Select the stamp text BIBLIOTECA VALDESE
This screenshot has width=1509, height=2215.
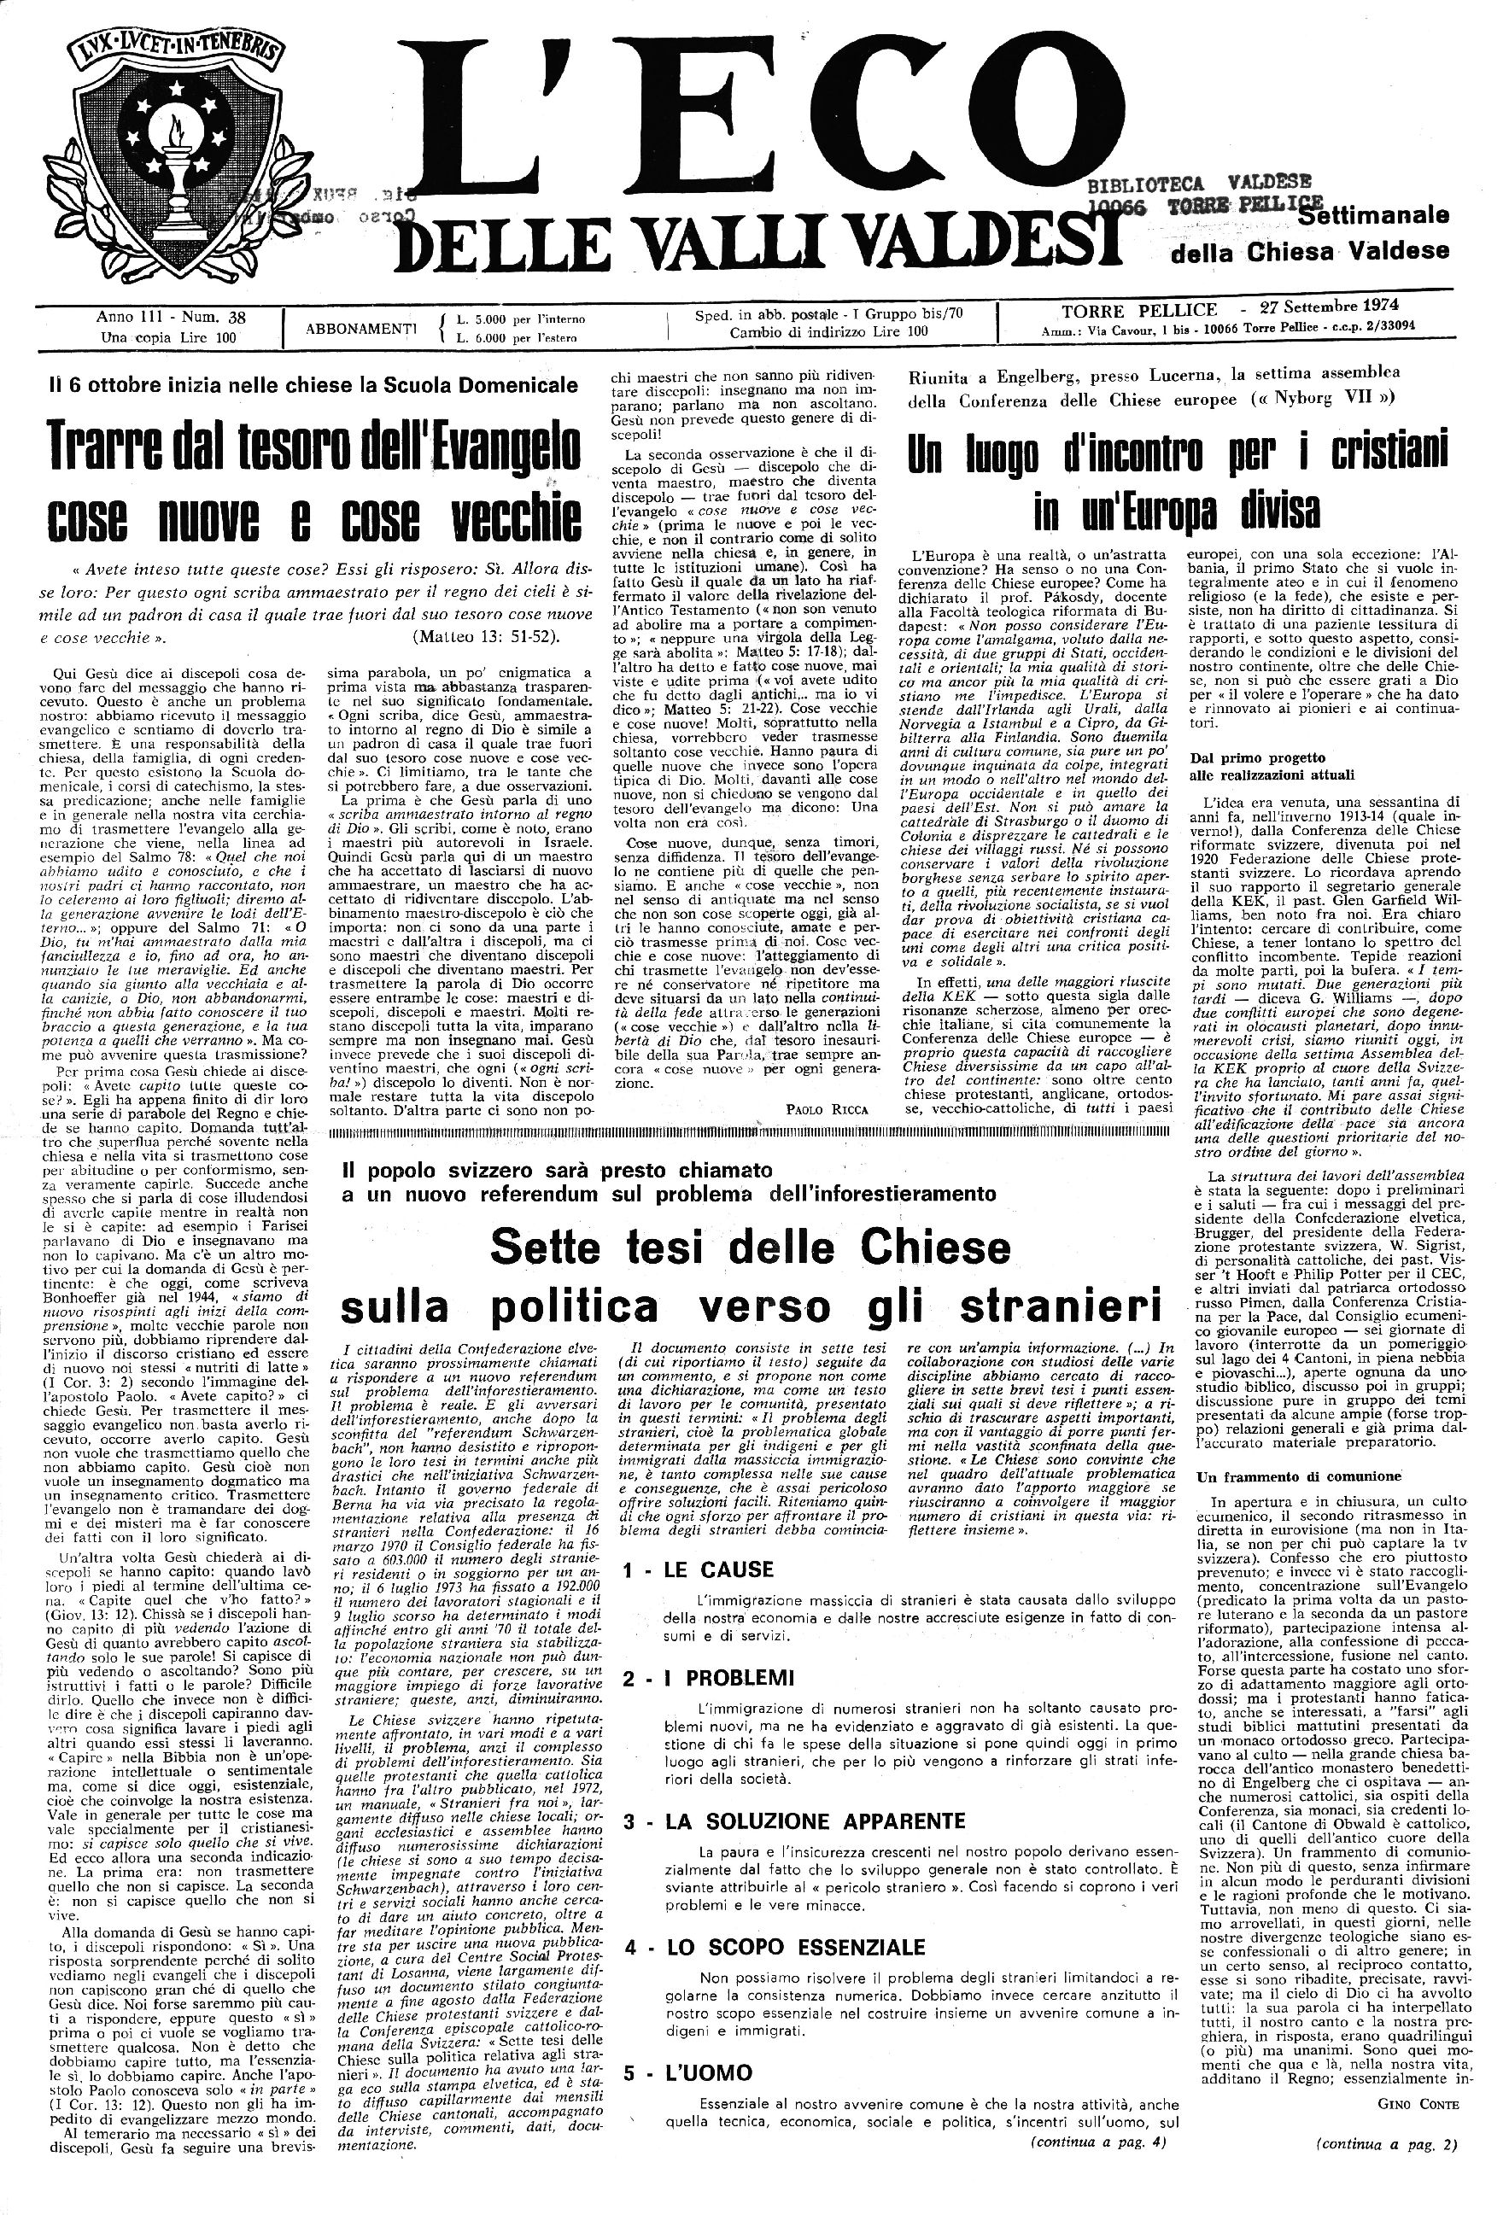pos(1199,182)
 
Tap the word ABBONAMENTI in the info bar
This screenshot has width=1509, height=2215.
pos(361,328)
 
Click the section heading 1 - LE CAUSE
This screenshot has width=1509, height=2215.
pos(698,1569)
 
